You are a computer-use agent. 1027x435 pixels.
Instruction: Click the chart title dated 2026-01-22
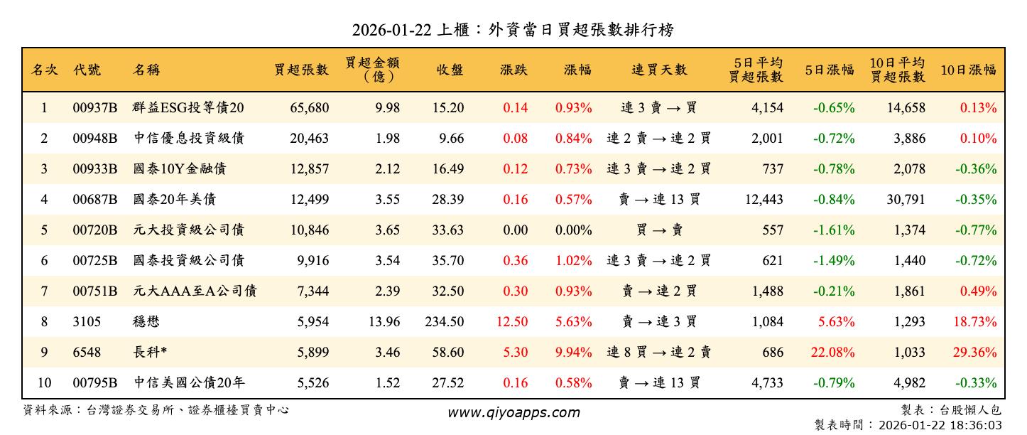[513, 30]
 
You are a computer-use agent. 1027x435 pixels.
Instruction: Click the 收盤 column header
[450, 70]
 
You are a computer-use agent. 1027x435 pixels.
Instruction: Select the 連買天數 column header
[659, 70]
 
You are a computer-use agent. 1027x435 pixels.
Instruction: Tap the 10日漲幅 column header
[968, 70]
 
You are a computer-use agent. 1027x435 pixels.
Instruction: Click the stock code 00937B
[94, 108]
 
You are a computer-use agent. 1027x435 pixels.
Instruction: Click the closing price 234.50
[445, 322]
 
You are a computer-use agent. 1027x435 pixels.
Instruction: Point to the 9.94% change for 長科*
[573, 353]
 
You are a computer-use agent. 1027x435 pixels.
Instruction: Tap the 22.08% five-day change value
[835, 353]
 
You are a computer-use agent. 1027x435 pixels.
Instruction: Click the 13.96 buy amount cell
[384, 322]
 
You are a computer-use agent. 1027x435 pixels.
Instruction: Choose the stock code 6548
[87, 353]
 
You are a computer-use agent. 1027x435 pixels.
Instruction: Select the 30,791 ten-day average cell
[906, 200]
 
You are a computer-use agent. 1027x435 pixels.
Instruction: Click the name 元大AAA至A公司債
[195, 291]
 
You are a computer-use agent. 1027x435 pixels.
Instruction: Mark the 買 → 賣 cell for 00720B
[659, 230]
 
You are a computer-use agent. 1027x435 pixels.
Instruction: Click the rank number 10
[44, 383]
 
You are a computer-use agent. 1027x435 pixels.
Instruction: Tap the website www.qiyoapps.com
[513, 412]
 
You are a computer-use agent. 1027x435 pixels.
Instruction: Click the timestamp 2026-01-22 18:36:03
[940, 425]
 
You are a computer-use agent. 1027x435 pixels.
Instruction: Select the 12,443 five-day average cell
[764, 200]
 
